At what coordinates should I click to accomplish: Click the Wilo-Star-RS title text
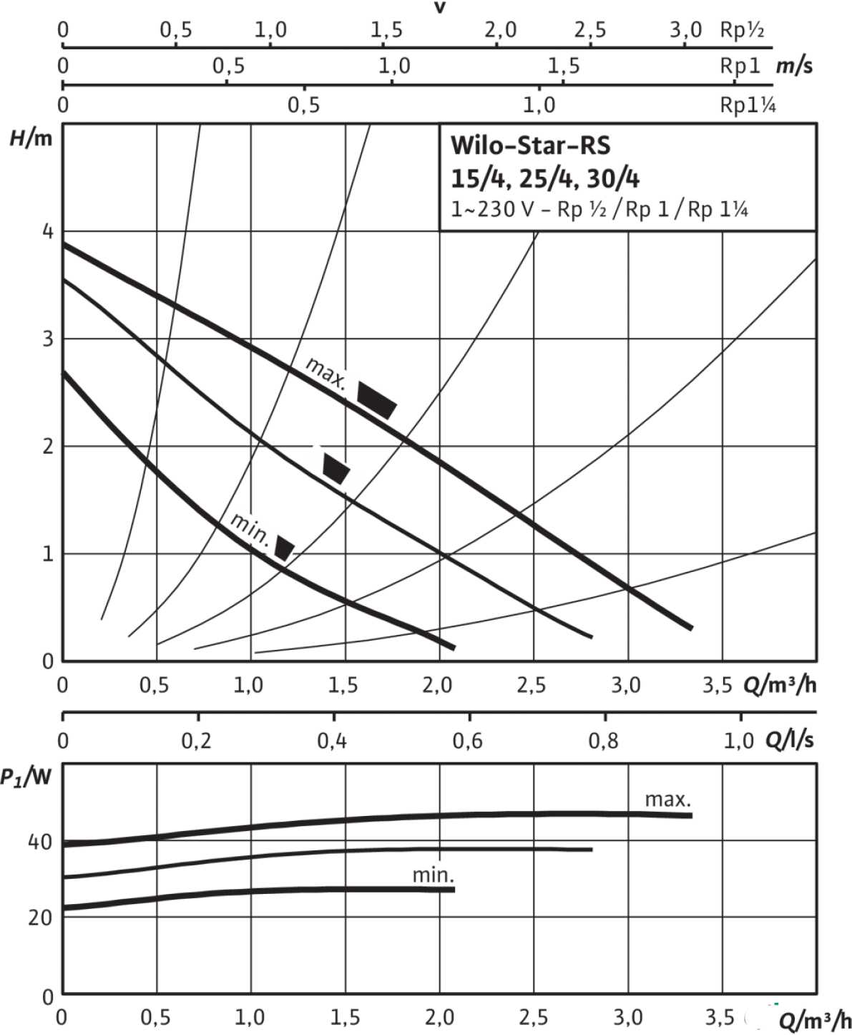(x=530, y=145)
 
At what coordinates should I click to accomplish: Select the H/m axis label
(x=31, y=138)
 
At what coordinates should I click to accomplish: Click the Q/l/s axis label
(x=789, y=740)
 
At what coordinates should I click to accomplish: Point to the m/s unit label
(x=794, y=66)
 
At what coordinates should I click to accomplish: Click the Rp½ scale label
(x=742, y=30)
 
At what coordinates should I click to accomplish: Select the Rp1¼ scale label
(x=748, y=105)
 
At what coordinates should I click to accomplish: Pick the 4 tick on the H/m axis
(x=47, y=231)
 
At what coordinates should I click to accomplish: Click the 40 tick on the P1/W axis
(x=40, y=842)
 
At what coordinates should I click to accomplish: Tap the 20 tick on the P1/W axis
(x=40, y=918)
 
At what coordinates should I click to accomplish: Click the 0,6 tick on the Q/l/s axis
(x=468, y=741)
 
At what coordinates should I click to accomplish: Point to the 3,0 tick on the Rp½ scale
(x=685, y=30)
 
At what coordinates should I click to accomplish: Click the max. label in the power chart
(x=668, y=799)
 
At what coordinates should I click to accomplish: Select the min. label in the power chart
(x=434, y=875)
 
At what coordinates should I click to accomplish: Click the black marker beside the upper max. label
(x=376, y=399)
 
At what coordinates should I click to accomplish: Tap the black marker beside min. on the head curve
(x=285, y=548)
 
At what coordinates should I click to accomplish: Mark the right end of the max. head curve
(x=690, y=628)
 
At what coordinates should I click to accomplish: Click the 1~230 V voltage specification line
(x=599, y=210)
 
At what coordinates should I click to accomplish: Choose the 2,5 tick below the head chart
(x=531, y=686)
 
